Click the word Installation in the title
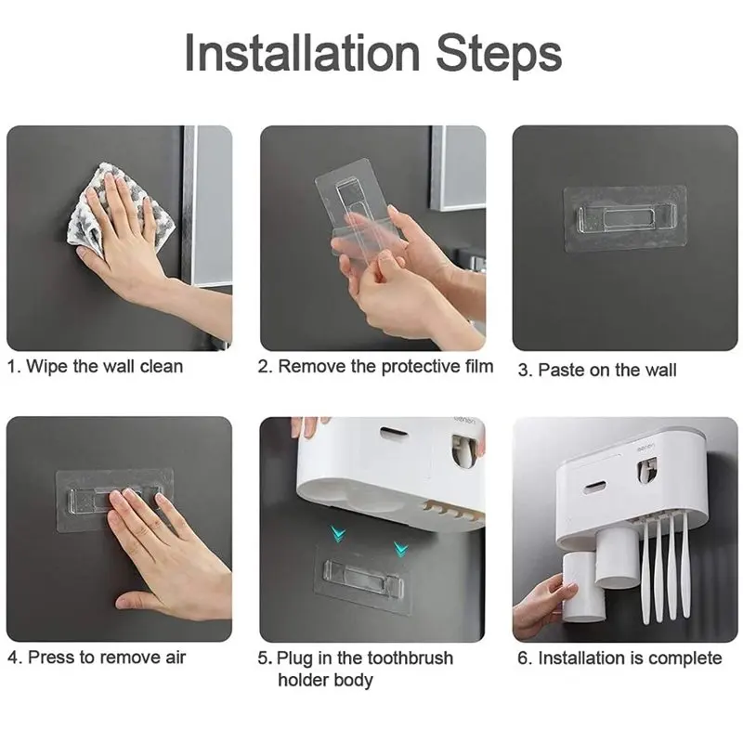302,52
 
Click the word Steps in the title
499,56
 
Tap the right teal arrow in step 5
400,549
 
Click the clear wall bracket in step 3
625,218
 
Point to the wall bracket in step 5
363,579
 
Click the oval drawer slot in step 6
595,486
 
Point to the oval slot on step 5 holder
394,431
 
